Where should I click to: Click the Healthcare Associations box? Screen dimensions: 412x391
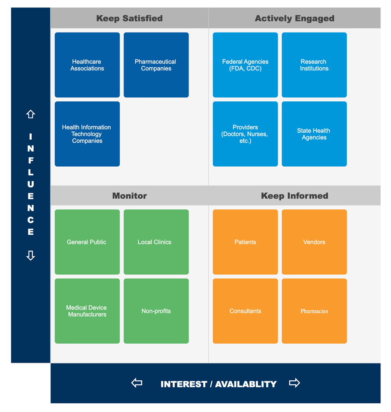87,65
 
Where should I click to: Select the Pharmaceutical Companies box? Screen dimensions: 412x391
156,65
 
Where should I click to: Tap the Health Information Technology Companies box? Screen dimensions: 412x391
87,134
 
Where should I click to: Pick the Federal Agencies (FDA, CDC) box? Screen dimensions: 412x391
245,65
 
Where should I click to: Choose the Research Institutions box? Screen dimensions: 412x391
314,65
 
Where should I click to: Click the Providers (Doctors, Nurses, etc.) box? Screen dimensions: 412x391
245,134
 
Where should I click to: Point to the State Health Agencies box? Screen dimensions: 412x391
314,134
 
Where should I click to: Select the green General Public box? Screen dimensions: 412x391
87,242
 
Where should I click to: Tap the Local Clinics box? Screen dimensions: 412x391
156,242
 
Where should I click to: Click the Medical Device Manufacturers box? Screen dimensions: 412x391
87,311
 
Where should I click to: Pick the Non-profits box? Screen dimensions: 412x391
156,311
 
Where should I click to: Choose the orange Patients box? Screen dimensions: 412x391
245,242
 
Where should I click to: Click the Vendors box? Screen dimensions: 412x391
314,242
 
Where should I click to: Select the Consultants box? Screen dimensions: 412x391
245,311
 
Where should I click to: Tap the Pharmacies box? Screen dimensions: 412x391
314,311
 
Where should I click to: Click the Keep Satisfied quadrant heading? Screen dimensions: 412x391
129,18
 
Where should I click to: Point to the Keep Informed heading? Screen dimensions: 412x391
294,196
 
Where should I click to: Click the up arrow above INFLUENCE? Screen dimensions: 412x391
30,114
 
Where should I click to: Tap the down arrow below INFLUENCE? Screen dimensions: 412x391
30,255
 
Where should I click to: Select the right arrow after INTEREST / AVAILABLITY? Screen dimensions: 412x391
294,383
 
